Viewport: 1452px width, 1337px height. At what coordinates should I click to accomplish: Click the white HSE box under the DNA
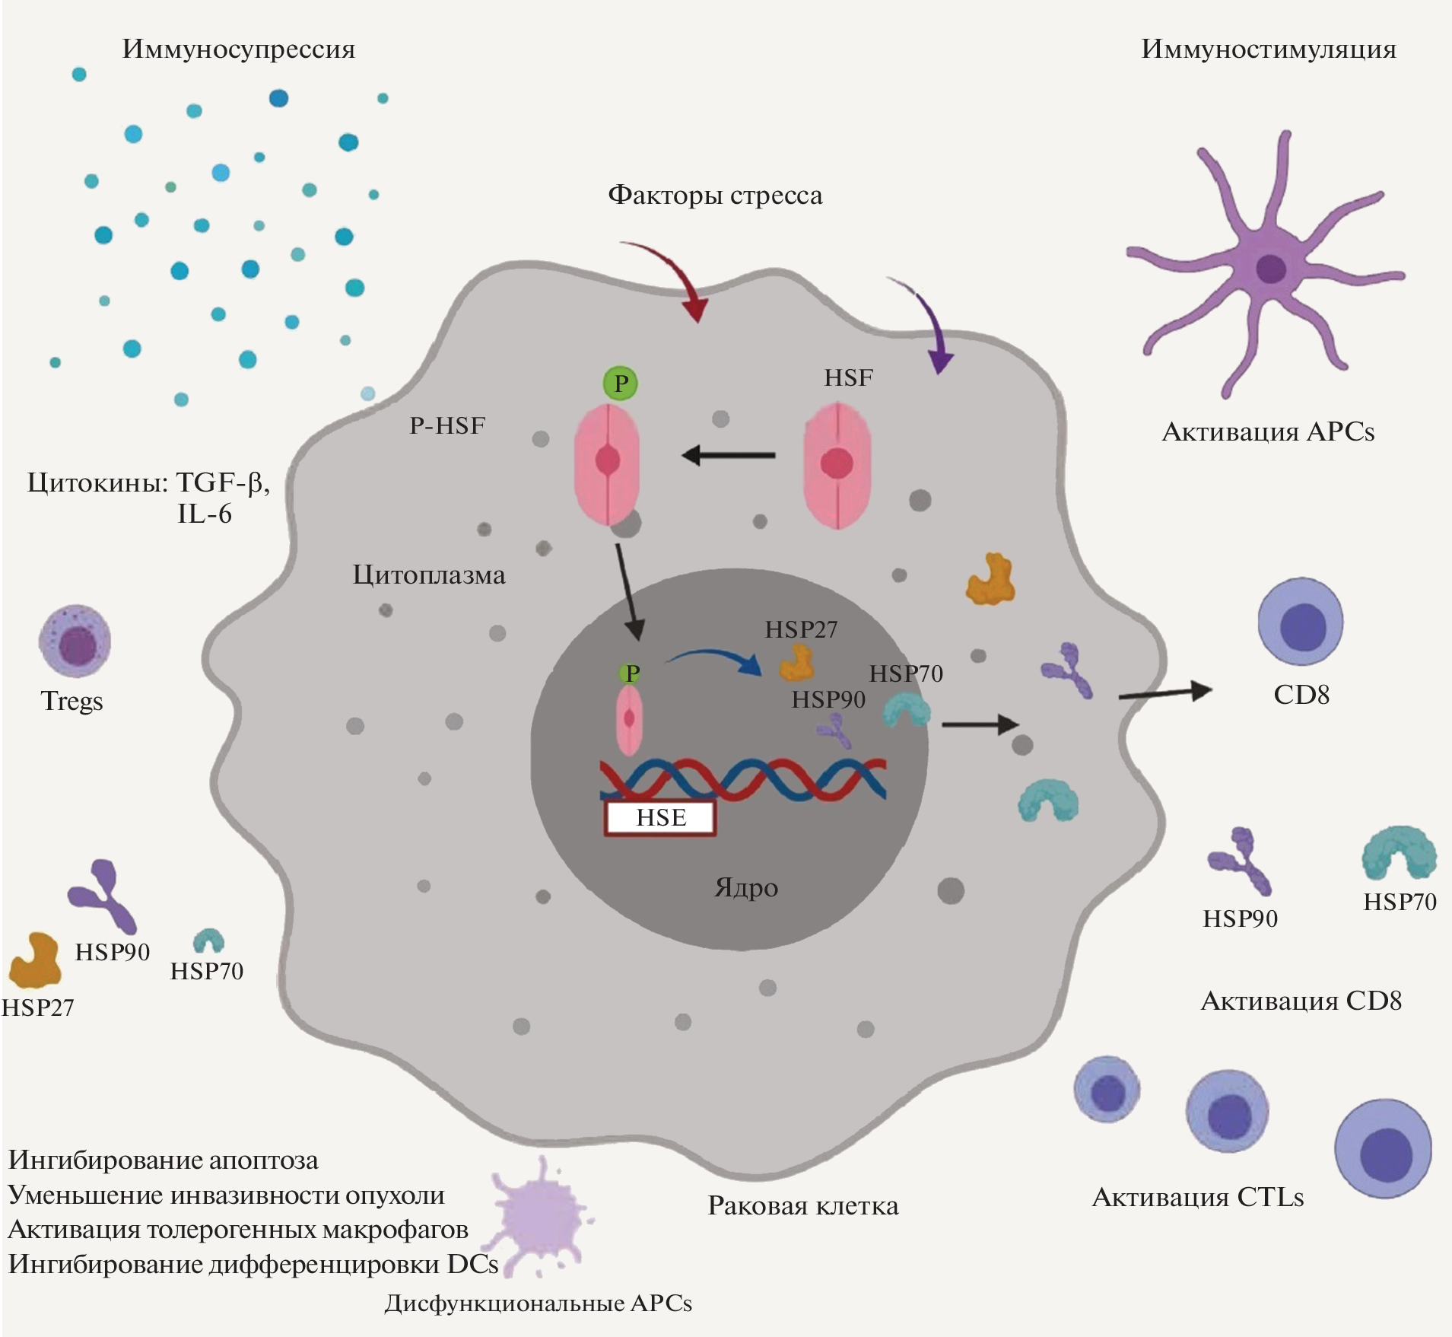pos(660,818)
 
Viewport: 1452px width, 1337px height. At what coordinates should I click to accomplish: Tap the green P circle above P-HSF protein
pos(621,383)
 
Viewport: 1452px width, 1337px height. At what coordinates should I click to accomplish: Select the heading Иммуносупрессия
pos(238,49)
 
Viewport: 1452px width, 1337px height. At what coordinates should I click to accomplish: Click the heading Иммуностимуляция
pos(1268,49)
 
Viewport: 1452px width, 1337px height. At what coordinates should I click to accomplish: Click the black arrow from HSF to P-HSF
pos(728,456)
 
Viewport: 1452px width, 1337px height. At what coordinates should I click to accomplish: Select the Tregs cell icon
pos(75,641)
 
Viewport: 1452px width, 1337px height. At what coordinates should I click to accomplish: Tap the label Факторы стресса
pos(714,196)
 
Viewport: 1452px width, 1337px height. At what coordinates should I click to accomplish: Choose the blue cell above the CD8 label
pos(1301,622)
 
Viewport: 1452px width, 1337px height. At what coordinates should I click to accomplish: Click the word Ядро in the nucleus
pos(746,888)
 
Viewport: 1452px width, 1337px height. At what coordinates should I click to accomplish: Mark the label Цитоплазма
pos(428,575)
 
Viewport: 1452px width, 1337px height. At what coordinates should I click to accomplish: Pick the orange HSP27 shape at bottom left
pos(35,960)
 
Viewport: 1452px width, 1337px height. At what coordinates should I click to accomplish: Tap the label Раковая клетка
pos(802,1206)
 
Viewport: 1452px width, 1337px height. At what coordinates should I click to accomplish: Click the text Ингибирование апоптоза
pos(163,1160)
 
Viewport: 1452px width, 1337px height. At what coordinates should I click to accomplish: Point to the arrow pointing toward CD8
pos(1164,692)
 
